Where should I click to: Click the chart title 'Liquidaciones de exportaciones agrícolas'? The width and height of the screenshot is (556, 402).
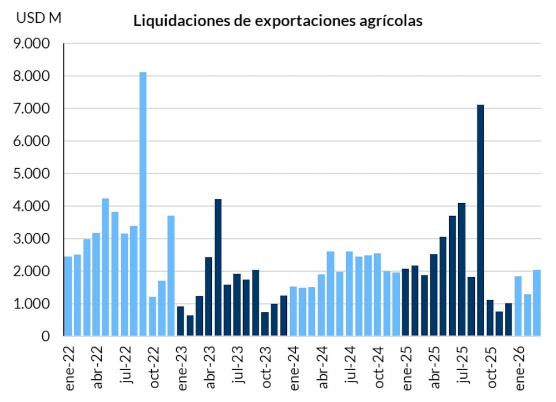277,22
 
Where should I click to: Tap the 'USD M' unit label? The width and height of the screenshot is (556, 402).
39,18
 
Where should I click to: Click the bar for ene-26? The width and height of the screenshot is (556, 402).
518,306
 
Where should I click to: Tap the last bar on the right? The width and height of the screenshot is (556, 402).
537,303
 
